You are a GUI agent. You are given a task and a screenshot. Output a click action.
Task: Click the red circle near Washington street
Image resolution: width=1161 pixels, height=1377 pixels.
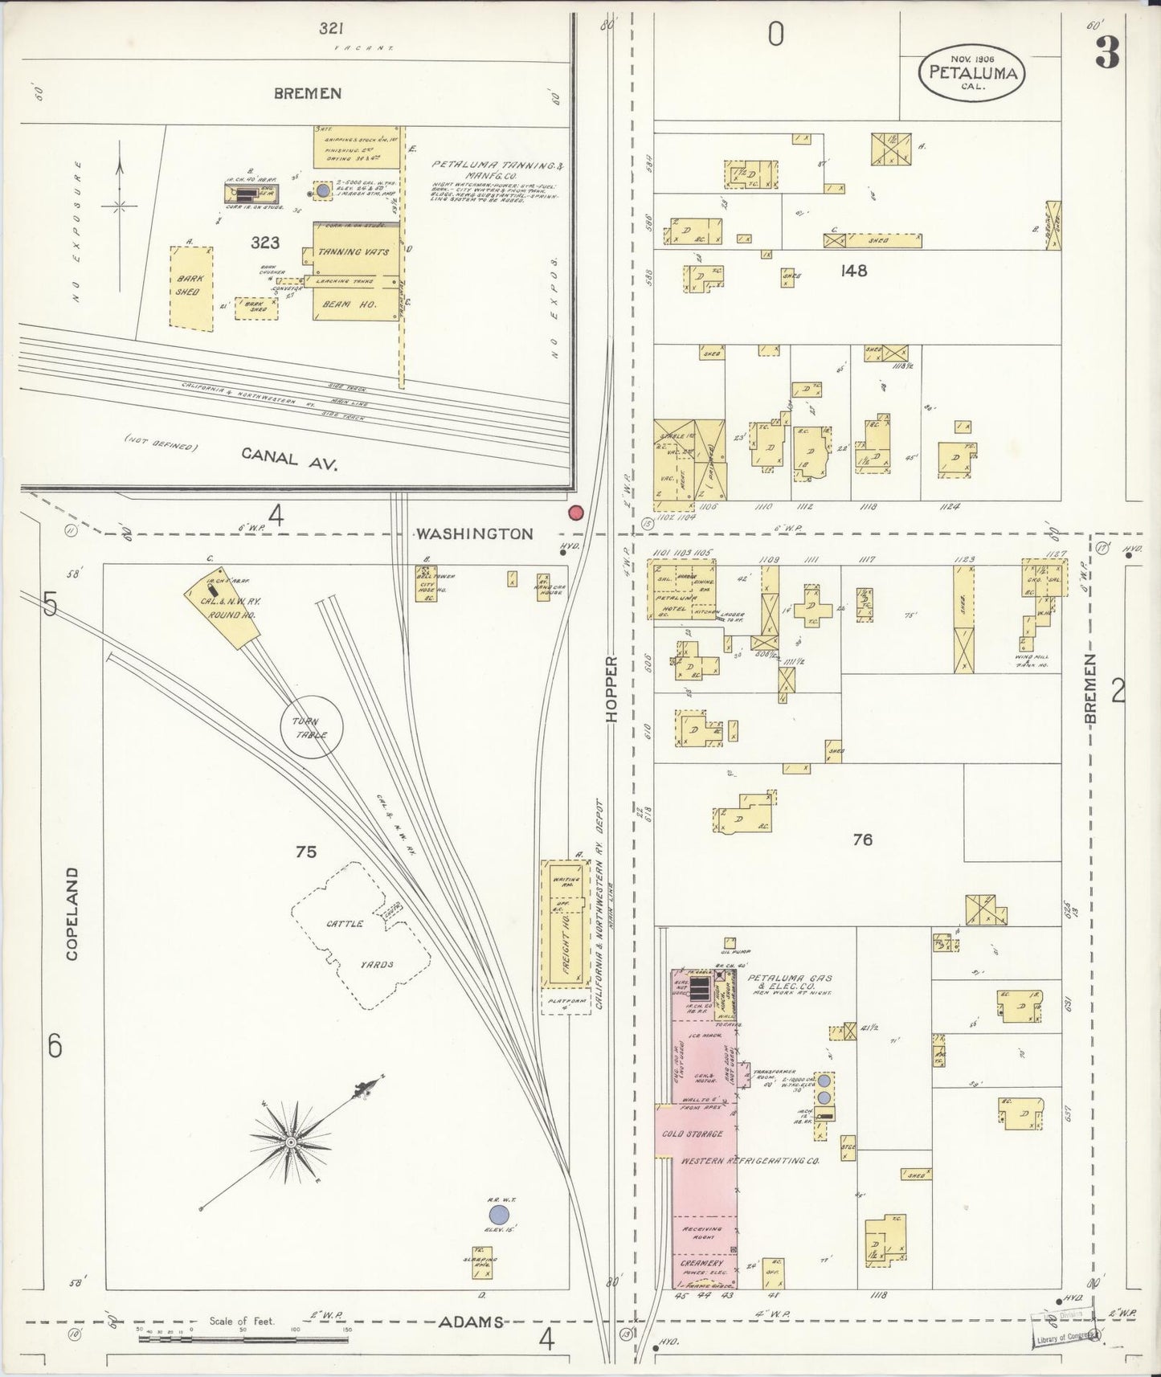tap(575, 513)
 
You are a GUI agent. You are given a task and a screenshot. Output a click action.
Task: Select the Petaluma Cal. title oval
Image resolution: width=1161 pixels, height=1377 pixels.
tap(973, 72)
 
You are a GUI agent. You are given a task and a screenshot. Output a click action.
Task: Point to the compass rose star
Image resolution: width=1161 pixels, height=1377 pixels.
tap(291, 1140)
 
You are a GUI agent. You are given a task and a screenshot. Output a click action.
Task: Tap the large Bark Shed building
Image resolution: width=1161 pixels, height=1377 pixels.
tap(192, 286)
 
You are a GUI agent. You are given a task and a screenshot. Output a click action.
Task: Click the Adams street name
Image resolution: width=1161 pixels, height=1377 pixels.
tap(471, 1322)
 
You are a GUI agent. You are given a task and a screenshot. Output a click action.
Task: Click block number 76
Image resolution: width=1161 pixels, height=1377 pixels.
tap(862, 840)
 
